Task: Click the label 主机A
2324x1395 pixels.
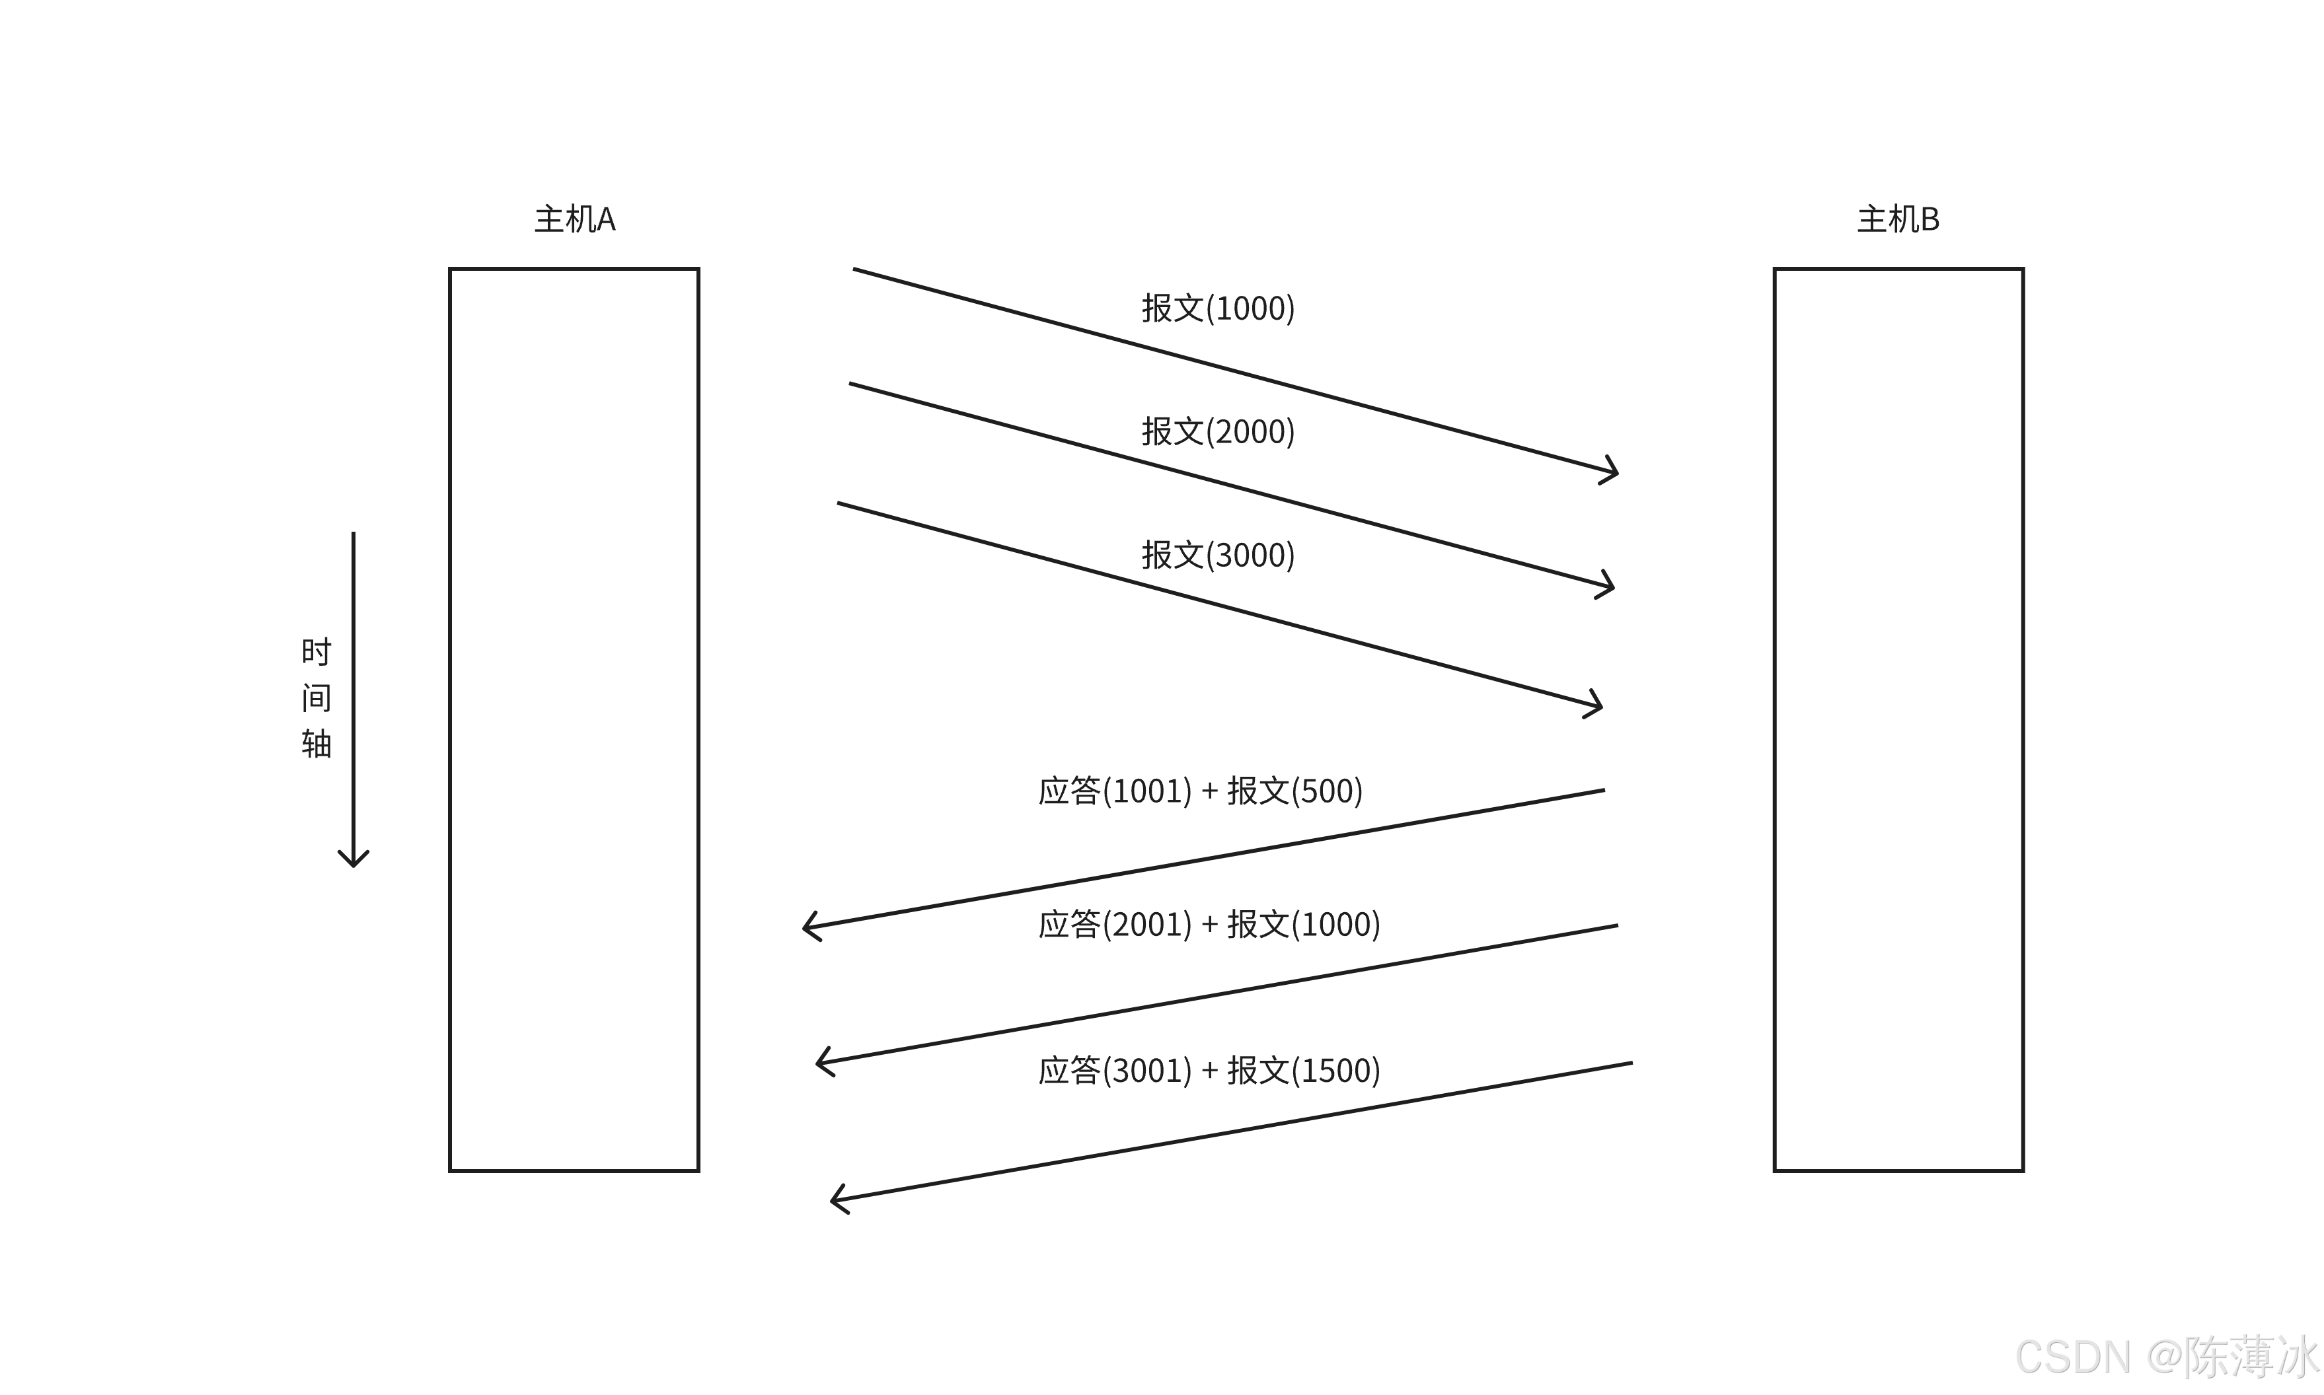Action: coord(574,219)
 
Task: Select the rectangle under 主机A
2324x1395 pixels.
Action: coord(574,719)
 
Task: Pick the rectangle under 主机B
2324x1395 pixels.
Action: coord(1898,719)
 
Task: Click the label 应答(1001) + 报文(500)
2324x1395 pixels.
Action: coord(1199,791)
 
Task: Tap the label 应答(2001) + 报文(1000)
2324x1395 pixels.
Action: coord(1209,924)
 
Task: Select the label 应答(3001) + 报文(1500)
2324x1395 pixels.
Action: coord(1209,1070)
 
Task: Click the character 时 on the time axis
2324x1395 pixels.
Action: coord(316,651)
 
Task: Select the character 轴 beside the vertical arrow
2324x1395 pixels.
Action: coord(316,744)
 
